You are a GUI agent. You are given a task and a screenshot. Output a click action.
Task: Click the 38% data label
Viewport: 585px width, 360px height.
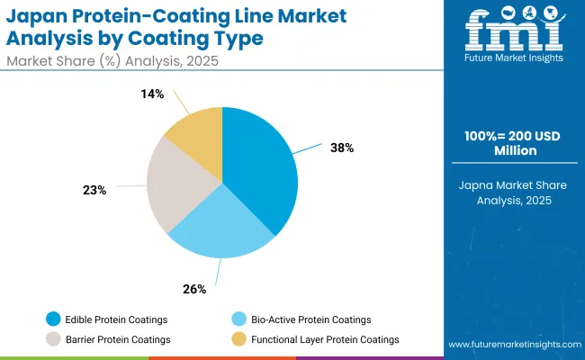click(x=342, y=148)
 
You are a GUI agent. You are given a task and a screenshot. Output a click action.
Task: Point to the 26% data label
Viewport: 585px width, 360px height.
click(x=195, y=289)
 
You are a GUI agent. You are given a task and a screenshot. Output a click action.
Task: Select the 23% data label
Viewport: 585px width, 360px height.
click(x=94, y=190)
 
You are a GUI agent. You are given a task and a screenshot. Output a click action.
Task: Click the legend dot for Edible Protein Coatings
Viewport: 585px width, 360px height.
click(x=55, y=319)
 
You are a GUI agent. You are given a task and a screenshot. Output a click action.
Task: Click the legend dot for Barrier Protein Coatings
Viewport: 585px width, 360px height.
click(x=55, y=339)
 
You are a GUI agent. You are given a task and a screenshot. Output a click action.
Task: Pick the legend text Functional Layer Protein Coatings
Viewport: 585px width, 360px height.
click(x=325, y=339)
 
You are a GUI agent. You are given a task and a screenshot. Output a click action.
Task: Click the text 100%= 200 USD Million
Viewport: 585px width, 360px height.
click(x=511, y=143)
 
